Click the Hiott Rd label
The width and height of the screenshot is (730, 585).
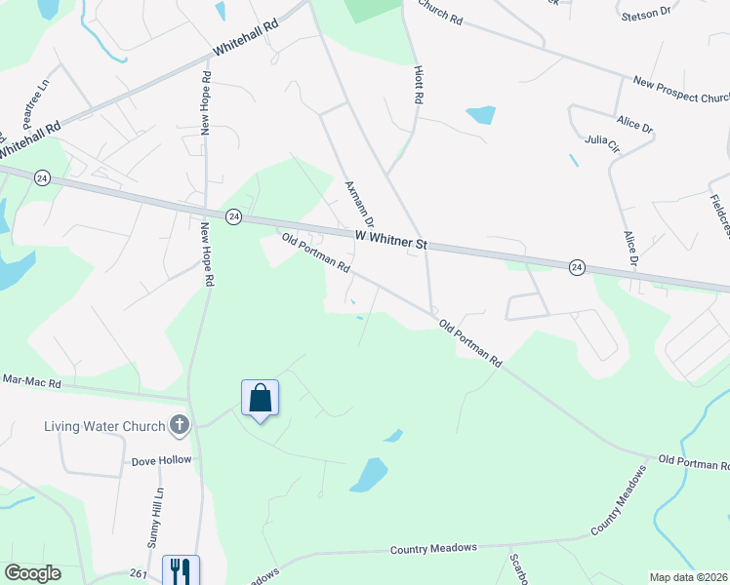point(417,85)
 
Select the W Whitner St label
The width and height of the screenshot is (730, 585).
point(391,239)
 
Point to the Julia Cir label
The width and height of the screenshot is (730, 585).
point(602,142)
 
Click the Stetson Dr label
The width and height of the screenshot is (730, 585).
point(646,12)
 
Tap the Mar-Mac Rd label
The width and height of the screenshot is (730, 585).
point(31,381)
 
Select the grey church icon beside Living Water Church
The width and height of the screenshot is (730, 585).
point(179,424)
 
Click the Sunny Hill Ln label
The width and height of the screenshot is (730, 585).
point(158,508)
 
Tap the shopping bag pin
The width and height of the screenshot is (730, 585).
point(260,398)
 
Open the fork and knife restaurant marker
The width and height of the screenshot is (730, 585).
point(180,569)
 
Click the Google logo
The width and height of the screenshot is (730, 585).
point(32,573)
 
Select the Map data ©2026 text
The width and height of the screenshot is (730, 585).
point(687,577)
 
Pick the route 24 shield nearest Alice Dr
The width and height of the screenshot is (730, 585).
point(577,267)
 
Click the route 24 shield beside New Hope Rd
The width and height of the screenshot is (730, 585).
point(233,216)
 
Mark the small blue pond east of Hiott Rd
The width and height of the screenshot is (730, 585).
point(480,115)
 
